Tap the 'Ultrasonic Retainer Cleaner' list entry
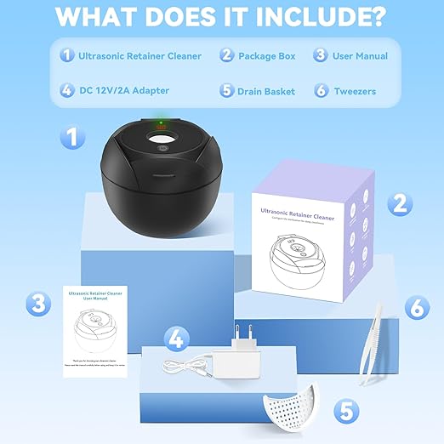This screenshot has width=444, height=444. click(139, 56)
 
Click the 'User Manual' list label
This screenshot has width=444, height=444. click(360, 56)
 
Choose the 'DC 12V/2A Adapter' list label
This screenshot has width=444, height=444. click(125, 90)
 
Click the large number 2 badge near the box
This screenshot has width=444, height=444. click(396, 202)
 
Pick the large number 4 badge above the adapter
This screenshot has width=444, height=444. click(175, 339)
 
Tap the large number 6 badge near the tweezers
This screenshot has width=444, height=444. click(415, 306)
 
